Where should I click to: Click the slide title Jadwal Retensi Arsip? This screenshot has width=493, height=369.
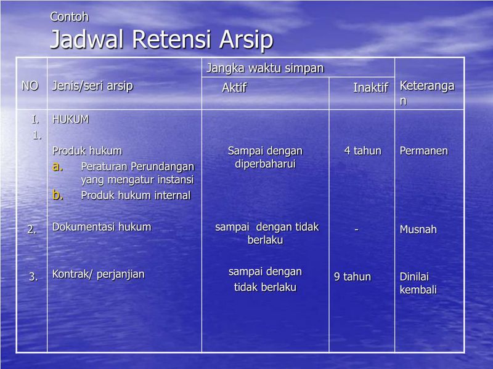161,40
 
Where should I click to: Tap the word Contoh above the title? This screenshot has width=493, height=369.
69,17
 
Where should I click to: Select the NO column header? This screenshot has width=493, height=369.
30,86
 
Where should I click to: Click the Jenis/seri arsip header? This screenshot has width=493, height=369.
92,86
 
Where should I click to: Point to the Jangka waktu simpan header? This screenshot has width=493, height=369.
264,68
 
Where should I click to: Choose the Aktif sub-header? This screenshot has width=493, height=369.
234,88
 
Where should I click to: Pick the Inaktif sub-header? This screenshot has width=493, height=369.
370,88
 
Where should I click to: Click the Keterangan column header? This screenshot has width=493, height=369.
427,93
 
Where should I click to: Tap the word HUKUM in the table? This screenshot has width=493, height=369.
70,119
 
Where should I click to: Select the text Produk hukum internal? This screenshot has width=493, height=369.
136,196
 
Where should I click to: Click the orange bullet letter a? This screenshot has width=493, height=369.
57,166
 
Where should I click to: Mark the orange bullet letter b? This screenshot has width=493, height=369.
57,195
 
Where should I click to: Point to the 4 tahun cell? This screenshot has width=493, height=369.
362,151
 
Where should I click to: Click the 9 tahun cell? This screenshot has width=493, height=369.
352,277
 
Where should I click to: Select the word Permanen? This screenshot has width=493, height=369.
424,151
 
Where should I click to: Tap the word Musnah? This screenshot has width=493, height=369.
418,229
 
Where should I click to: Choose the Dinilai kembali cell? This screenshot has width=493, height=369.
418,283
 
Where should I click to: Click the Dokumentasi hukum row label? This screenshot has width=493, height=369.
102,227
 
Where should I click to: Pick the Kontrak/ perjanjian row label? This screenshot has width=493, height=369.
99,274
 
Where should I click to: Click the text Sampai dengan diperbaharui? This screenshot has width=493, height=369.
265,157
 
